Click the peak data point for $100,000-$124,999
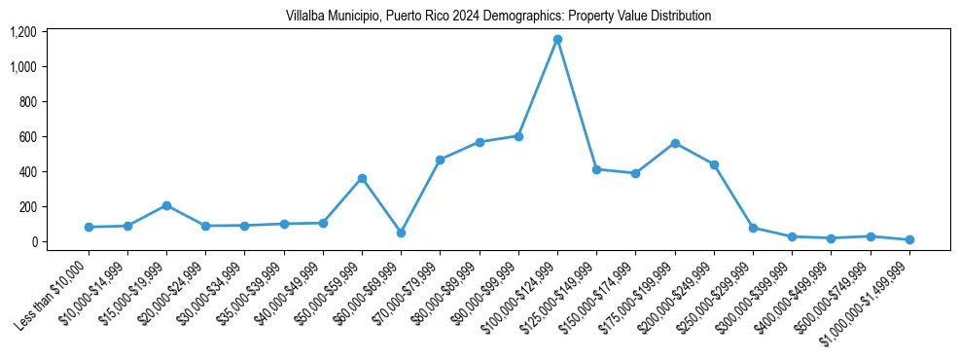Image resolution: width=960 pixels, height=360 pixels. click(x=557, y=39)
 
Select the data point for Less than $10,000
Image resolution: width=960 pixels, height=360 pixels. click(x=89, y=227)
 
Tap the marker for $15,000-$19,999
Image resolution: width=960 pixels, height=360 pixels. click(x=166, y=205)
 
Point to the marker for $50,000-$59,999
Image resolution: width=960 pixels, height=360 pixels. click(x=362, y=178)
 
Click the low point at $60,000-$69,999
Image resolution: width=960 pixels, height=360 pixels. click(x=401, y=233)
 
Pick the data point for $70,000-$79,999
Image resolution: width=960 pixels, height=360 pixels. click(x=440, y=160)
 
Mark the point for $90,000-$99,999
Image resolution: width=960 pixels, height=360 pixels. click(x=518, y=136)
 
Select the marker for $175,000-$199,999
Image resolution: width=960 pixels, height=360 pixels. click(x=675, y=143)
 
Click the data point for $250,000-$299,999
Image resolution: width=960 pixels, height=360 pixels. click(x=753, y=228)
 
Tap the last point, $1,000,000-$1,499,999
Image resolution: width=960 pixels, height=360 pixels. click(x=909, y=239)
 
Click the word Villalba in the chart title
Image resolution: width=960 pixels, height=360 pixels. click(x=306, y=17)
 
